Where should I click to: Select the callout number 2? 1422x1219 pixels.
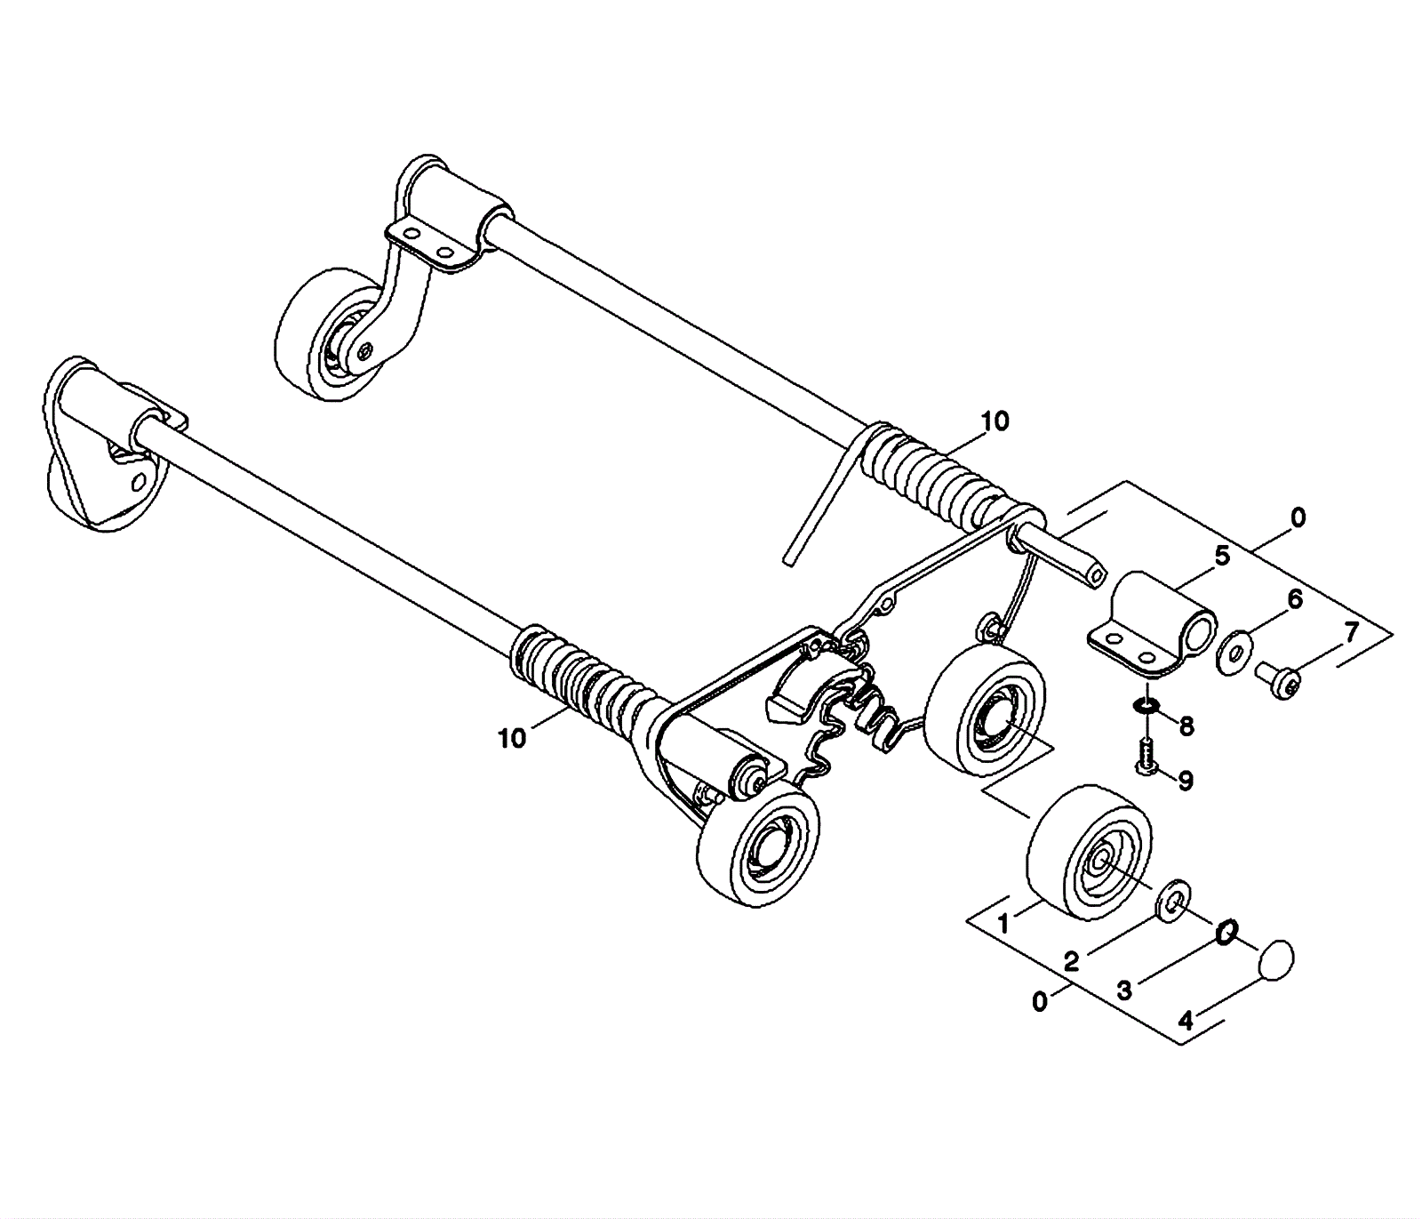[1072, 961]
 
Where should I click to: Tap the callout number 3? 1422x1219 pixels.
[1124, 990]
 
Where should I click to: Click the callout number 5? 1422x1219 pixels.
[1222, 557]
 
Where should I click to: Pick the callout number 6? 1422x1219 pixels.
[1295, 599]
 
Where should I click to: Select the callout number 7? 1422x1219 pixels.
[1351, 633]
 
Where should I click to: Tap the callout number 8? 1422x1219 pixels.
[1186, 726]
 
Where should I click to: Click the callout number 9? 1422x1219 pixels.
[1186, 781]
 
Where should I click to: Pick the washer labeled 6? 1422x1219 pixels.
[1233, 648]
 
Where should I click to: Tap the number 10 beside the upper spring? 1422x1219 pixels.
[995, 421]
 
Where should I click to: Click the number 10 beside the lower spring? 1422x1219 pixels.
[513, 738]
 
